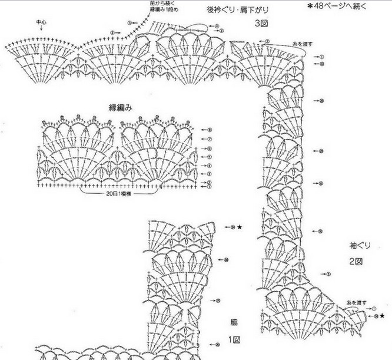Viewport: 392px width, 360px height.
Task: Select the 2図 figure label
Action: tap(355, 261)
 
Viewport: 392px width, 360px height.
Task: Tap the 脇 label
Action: tap(233, 322)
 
